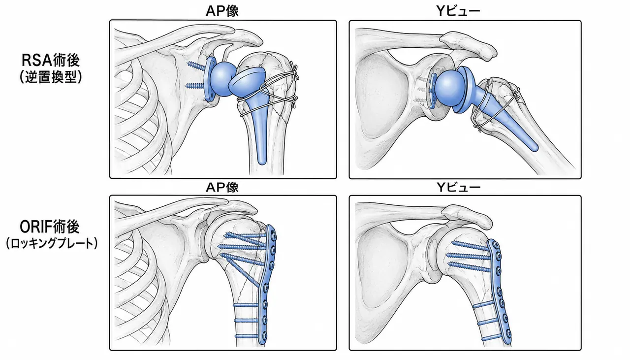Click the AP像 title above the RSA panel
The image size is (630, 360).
[222, 11]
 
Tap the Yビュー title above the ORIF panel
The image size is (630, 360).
[458, 187]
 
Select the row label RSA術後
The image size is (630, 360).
[51, 60]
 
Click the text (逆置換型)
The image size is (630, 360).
[51, 76]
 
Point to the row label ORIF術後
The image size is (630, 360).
[50, 227]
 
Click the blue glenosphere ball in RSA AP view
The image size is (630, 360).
[223, 79]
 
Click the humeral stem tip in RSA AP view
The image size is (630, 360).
[262, 162]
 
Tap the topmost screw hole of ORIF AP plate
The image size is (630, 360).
[272, 233]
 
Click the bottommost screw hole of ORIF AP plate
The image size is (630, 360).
[264, 336]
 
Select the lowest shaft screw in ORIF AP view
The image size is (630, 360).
[247, 336]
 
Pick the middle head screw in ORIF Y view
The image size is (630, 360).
[468, 256]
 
